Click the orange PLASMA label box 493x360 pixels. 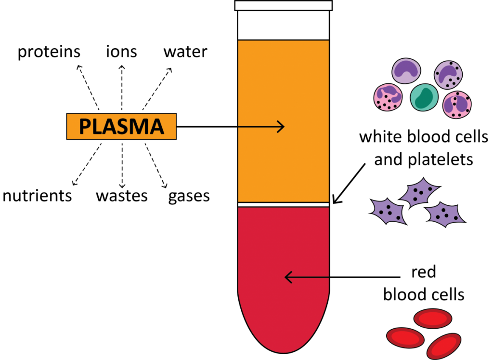click(x=121, y=126)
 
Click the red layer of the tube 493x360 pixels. click(x=283, y=241)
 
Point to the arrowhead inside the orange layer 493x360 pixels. click(x=282, y=127)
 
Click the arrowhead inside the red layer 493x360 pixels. click(x=288, y=277)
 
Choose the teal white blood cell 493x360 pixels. click(x=424, y=97)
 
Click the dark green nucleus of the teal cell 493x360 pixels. click(x=425, y=97)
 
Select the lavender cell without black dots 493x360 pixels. click(x=406, y=71)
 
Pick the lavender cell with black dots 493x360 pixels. click(x=448, y=75)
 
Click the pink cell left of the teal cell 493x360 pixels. click(x=388, y=97)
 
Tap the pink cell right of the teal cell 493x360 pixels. click(x=456, y=104)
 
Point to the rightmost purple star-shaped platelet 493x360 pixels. click(x=444, y=215)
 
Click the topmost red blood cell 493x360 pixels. click(x=432, y=319)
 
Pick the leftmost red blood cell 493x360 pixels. click(x=405, y=338)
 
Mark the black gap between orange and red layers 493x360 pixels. click(x=283, y=204)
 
